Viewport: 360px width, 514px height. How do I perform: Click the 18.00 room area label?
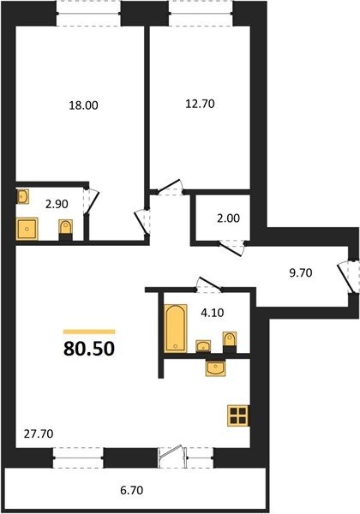tap(84, 105)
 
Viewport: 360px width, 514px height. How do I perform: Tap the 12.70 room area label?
tap(200, 104)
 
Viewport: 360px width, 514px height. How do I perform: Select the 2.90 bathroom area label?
tap(57, 204)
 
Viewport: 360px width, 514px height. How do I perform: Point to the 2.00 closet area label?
tap(229, 218)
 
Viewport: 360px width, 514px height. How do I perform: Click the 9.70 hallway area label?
tap(301, 272)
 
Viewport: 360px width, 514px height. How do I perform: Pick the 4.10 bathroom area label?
tap(213, 313)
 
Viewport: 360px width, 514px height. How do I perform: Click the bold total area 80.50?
tap(89, 349)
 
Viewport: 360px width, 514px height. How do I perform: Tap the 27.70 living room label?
tap(39, 434)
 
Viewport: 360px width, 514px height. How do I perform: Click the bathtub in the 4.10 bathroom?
tap(176, 328)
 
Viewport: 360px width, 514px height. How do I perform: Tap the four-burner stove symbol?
tap(237, 415)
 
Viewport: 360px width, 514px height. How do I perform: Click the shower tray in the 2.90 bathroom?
tap(27, 229)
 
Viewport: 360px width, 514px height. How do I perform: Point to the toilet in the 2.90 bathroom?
tap(66, 230)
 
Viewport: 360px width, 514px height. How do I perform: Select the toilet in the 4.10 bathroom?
tap(229, 342)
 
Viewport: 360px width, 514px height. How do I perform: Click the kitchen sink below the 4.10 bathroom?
tap(216, 368)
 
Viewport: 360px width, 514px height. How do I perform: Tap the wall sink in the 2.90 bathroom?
tap(22, 196)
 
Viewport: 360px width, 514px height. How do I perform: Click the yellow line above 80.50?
tap(89, 332)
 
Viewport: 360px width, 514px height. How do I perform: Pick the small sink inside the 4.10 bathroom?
tap(203, 346)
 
